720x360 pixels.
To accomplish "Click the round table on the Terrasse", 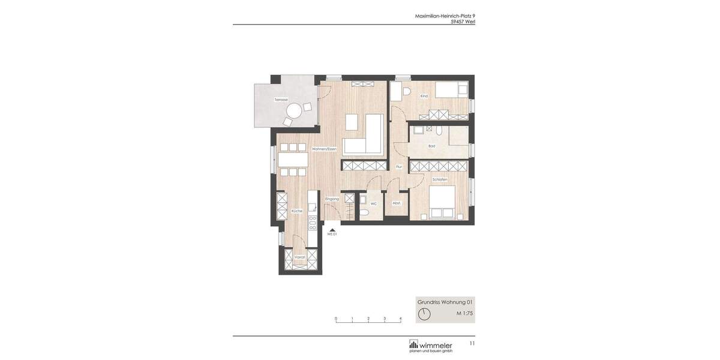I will tap(294, 111).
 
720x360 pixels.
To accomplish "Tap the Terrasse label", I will tap(281, 100).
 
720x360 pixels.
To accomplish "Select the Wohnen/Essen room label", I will tap(324, 149).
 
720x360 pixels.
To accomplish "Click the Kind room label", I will tap(424, 96).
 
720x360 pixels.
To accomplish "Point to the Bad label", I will tap(431, 146).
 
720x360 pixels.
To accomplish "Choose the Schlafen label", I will tap(440, 179).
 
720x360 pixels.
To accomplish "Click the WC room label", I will tap(373, 204).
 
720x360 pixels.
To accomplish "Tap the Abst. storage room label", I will tap(396, 203).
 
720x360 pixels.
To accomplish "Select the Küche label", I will tap(297, 211).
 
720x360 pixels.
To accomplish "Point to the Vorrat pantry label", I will tap(299, 257).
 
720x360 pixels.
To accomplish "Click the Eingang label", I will tap(332, 199).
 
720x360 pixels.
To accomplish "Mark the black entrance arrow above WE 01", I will tap(332, 229).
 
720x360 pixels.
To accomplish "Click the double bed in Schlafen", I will tap(442, 203).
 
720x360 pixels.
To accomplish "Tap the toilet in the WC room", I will tap(364, 213).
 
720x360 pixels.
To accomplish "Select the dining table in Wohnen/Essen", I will tap(293, 160).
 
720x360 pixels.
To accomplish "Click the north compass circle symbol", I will tap(424, 314).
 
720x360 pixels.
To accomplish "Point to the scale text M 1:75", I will tap(464, 313).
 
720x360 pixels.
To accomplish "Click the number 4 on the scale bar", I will tap(401, 319).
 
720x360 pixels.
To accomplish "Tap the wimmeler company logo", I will tap(431, 346).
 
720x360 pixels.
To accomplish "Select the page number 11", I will tap(472, 343).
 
